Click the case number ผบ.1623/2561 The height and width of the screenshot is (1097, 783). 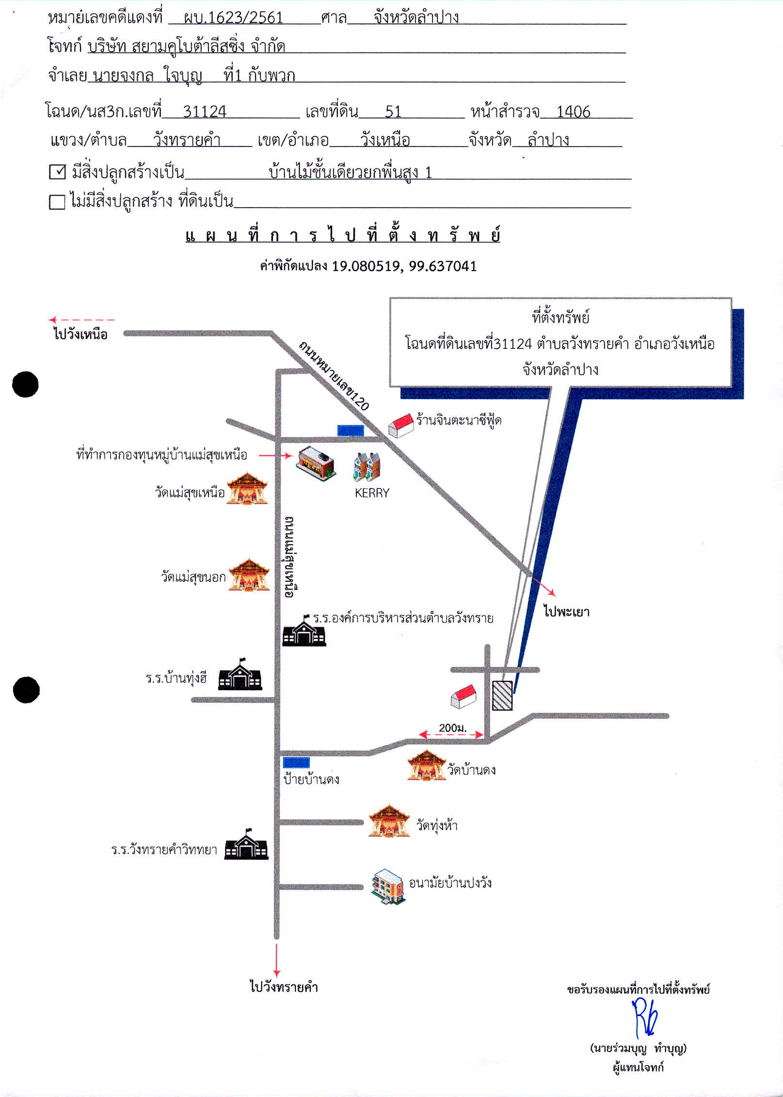pos(233,18)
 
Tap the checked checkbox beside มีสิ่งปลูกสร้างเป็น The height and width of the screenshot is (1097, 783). pos(57,172)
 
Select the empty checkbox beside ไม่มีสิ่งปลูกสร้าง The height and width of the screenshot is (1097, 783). pos(57,202)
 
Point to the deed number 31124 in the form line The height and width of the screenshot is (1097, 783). pos(205,112)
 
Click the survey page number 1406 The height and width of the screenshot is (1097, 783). pos(573,112)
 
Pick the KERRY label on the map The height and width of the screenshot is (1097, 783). pos(372,493)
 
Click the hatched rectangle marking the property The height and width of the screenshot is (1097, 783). pos(502,695)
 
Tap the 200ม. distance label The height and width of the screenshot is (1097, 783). pos(452,727)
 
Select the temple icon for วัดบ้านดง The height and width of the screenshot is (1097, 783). pos(426,765)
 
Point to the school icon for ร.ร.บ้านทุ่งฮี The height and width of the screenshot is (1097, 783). pos(240,674)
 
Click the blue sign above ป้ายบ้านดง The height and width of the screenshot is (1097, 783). pos(296,763)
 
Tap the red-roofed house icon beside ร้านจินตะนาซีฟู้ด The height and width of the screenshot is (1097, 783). pos(401,425)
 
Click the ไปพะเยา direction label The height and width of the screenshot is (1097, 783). pos(566,612)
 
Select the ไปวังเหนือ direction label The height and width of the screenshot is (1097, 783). pos(80,334)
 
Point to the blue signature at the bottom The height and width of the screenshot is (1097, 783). pos(645,1017)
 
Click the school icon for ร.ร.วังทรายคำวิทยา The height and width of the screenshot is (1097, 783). pos(246,844)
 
